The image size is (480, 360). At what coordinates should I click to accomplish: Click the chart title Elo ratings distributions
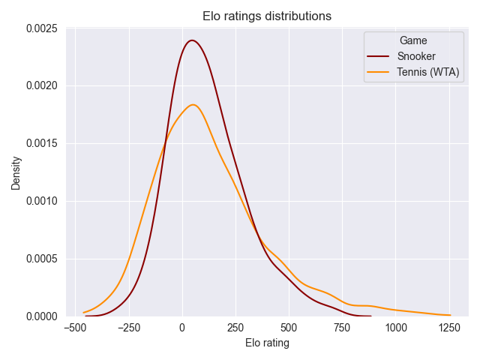point(267,16)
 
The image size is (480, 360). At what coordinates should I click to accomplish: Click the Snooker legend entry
point(416,56)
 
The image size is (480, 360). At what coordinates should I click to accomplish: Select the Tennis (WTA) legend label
point(429,73)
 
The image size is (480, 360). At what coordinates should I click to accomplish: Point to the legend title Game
point(413,40)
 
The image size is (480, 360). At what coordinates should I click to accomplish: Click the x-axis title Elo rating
point(267,343)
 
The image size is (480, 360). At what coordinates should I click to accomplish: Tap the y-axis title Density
point(16,172)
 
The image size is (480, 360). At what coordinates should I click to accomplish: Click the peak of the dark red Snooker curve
point(193,40)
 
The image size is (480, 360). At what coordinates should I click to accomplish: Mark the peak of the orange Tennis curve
point(193,104)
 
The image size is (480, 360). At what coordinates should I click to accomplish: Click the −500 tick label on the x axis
point(73,328)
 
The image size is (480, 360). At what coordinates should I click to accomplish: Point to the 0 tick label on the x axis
point(182,328)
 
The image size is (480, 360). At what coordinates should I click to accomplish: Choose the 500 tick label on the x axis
point(289,328)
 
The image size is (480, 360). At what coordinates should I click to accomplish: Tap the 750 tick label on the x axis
point(342,328)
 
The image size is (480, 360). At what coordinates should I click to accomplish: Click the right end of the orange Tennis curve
point(450,315)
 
